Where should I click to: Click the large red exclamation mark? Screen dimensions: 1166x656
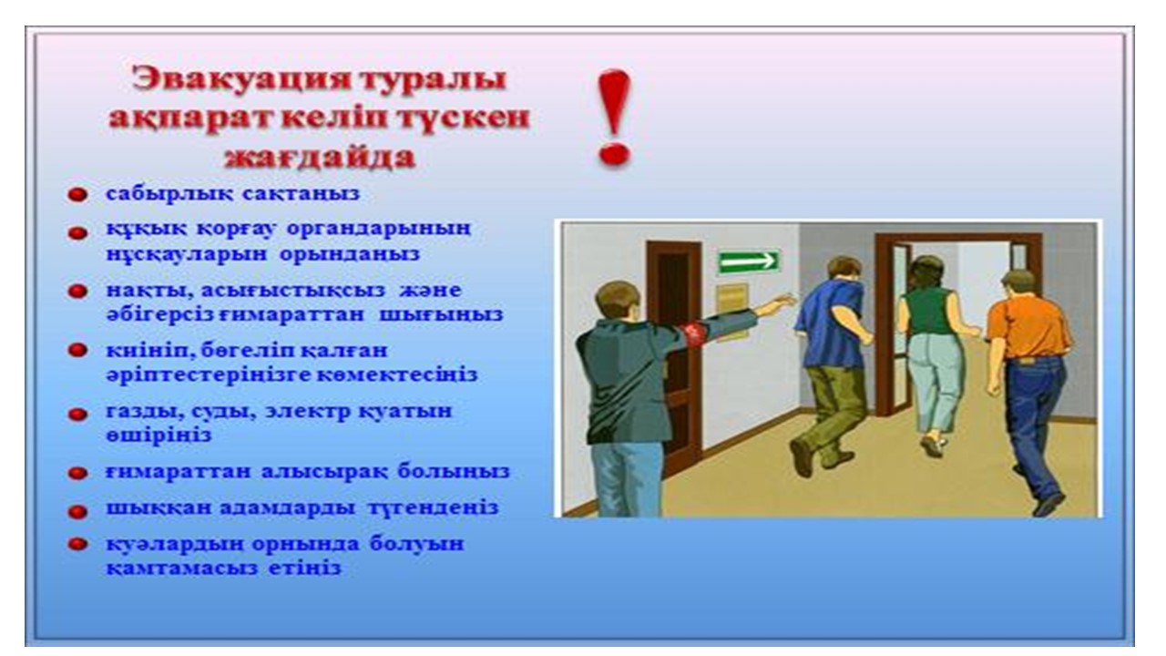click(614, 118)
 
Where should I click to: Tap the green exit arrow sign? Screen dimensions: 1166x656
click(748, 261)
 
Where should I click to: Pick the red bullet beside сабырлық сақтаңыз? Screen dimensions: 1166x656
click(77, 195)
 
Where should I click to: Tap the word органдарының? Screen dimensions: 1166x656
click(379, 229)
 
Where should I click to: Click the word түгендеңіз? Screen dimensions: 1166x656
click(432, 507)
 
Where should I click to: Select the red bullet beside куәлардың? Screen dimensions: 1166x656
click(77, 544)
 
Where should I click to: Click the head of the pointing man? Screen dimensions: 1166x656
click(618, 302)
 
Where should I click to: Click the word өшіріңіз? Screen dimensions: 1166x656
click(159, 436)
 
